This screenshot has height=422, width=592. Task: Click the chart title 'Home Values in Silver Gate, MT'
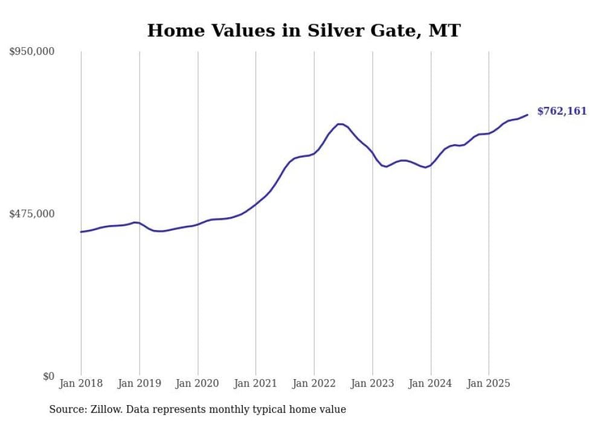click(x=304, y=30)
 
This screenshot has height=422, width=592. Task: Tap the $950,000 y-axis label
click(x=32, y=52)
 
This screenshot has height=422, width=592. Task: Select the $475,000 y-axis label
click(x=32, y=214)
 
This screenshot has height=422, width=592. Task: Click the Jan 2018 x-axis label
click(x=81, y=383)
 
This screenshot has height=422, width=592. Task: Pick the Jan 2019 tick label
click(x=139, y=383)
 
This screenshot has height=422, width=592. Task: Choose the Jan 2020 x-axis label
click(x=198, y=383)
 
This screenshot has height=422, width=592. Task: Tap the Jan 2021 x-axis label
click(x=256, y=383)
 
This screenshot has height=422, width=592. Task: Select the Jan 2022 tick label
click(x=314, y=383)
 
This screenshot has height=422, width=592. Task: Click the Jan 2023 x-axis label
click(x=372, y=383)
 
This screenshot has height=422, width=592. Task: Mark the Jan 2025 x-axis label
click(x=489, y=383)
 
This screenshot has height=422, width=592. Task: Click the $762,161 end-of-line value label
click(x=562, y=111)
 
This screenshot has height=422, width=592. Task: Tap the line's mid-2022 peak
click(x=340, y=124)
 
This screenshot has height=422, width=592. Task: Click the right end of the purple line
click(x=528, y=115)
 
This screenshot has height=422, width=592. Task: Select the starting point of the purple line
click(x=81, y=232)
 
